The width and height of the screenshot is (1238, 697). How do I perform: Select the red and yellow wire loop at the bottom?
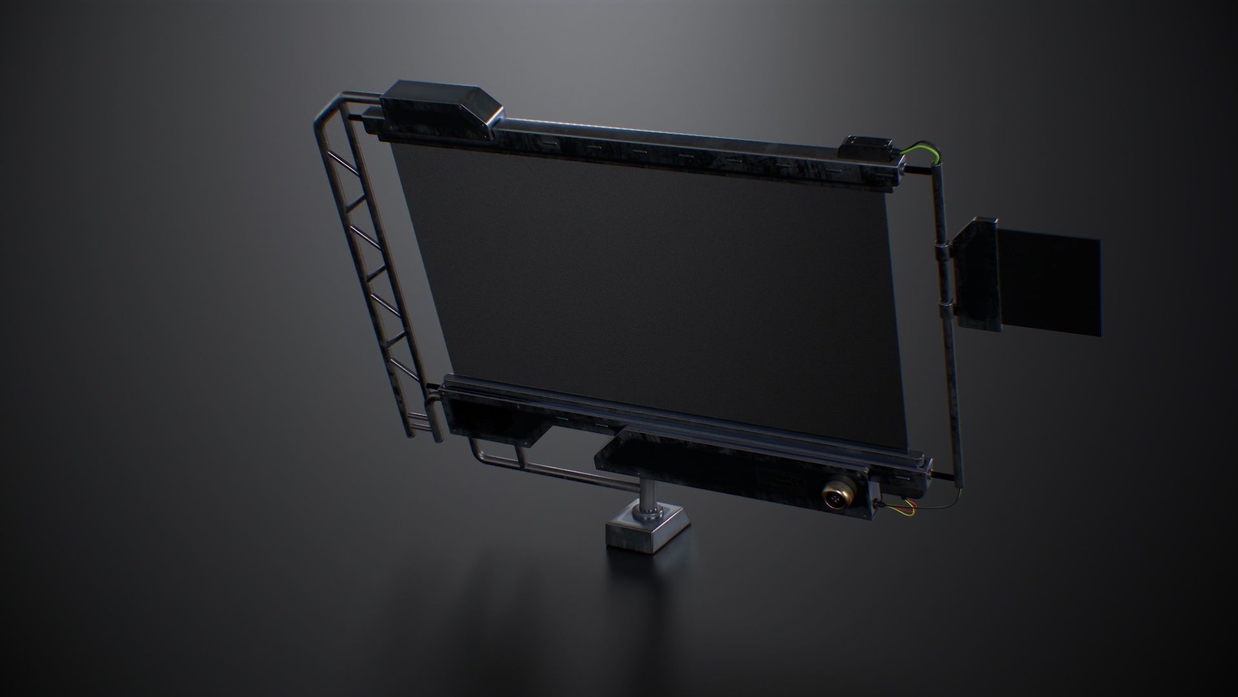click(x=899, y=509)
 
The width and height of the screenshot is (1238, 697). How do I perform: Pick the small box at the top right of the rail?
click(x=867, y=148)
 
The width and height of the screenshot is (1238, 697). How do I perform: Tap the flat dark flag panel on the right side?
click(x=1048, y=284)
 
